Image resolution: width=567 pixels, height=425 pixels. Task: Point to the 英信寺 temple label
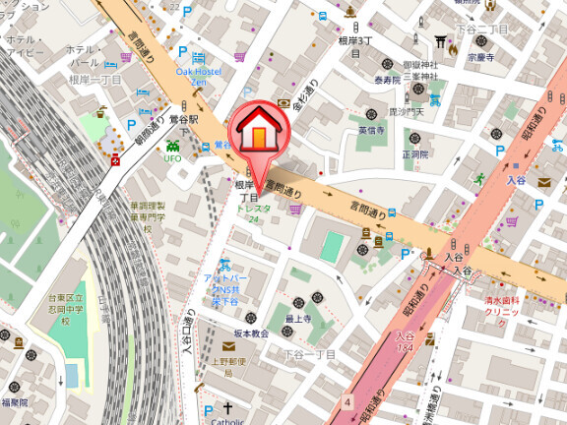tap(371, 130)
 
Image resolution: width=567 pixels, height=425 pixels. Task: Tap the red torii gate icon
tap(441, 39)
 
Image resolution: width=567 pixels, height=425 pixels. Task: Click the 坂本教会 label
tap(250, 334)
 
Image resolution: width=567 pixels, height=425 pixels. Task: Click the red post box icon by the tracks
tap(116, 158)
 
